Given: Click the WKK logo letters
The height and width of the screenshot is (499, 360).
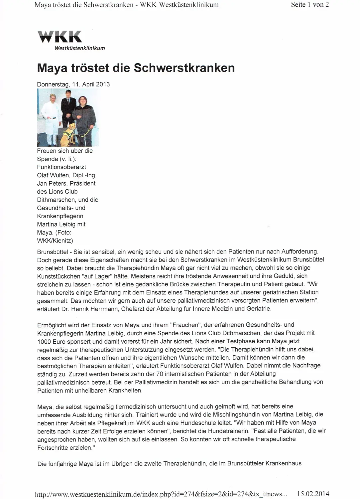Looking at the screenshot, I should click(x=60, y=37).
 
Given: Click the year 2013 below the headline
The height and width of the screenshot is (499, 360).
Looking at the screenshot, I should click(x=103, y=84).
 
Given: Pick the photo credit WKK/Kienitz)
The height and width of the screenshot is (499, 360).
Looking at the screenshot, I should click(x=55, y=241).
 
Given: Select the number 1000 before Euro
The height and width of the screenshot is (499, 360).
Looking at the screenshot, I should click(x=44, y=341).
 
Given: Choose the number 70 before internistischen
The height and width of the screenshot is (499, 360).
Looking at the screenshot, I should click(x=160, y=374).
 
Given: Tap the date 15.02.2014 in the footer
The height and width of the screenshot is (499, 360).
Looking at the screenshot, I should click(x=313, y=494).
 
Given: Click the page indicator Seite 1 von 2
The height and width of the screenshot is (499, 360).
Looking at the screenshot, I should click(x=310, y=5).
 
